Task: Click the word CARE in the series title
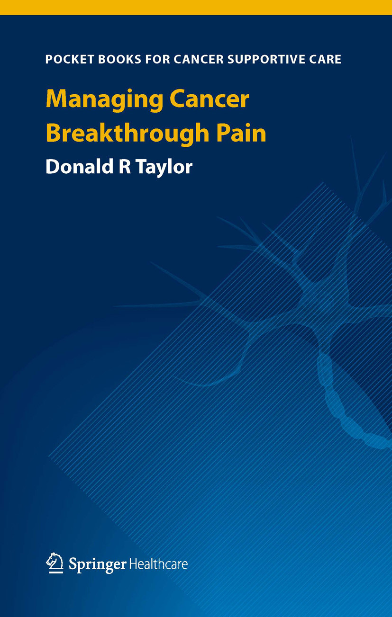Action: [x=325, y=60]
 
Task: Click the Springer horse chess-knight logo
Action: [x=55, y=563]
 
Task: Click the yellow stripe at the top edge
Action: [x=196, y=7]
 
